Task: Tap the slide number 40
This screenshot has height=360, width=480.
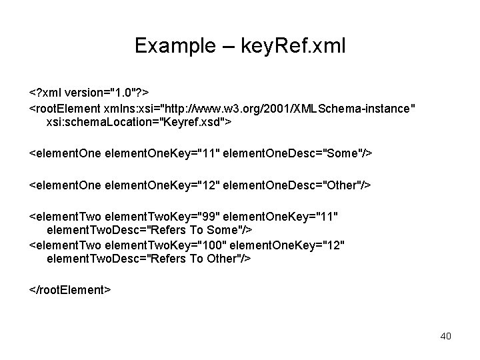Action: [x=445, y=336]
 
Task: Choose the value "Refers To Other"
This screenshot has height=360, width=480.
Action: [x=192, y=259]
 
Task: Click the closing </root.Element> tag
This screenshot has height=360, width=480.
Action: [x=70, y=290]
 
